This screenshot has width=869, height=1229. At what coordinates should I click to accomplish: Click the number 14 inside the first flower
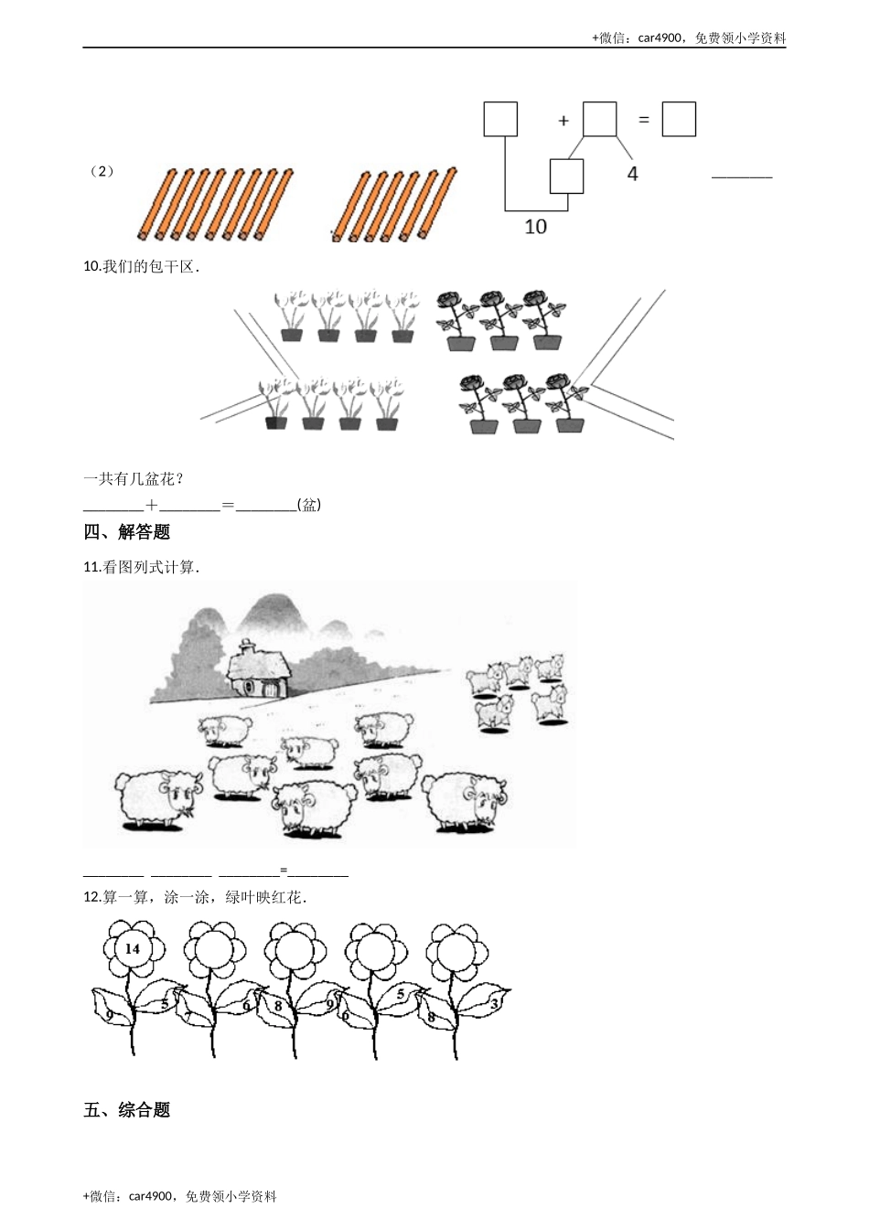[133, 948]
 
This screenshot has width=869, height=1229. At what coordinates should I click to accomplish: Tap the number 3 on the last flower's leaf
[494, 1003]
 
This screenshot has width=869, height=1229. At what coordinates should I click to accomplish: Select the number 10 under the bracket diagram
[535, 225]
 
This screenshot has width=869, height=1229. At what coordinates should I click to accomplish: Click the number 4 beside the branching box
[633, 173]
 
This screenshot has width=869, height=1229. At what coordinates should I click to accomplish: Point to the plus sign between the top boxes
[563, 121]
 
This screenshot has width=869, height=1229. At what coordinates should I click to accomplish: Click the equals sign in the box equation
[644, 119]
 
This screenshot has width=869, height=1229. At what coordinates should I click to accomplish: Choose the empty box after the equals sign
[679, 119]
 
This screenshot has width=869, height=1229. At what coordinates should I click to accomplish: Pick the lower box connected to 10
[566, 176]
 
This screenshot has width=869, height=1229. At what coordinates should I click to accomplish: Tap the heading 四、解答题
[127, 532]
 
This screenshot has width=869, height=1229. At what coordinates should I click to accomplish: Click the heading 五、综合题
[127, 1110]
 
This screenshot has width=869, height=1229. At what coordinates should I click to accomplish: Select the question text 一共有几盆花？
[134, 478]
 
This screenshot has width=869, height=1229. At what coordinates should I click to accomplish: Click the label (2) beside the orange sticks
[103, 171]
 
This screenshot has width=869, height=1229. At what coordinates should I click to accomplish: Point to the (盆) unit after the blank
[309, 505]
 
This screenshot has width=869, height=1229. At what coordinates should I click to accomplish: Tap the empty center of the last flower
[455, 952]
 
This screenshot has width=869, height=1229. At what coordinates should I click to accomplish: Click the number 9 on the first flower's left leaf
[109, 1015]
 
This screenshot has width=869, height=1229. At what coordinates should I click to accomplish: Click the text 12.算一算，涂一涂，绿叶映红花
[195, 897]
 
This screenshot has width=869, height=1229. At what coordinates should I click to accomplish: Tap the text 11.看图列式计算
[141, 567]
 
